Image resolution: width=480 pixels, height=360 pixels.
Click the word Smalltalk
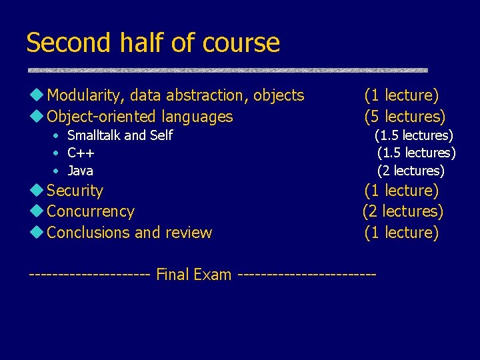[x=94, y=135]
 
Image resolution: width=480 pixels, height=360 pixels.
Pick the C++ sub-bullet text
[x=81, y=153]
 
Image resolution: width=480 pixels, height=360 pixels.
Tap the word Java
[x=81, y=171]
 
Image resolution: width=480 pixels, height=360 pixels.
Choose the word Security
[x=75, y=191]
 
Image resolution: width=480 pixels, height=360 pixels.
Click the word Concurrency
[x=91, y=211]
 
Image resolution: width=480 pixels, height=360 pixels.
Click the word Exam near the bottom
[x=211, y=275]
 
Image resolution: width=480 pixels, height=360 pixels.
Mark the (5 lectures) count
[x=405, y=117]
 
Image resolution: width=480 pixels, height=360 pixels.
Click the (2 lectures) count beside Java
[x=411, y=171]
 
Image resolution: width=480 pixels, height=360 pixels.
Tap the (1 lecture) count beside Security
[x=401, y=191]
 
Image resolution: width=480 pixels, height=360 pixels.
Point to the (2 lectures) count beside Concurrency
[x=403, y=211]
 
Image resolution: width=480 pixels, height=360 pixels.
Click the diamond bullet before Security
[x=37, y=190]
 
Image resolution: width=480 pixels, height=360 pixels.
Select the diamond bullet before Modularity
[x=37, y=95]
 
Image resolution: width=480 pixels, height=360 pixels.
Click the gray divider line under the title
[x=227, y=70]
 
